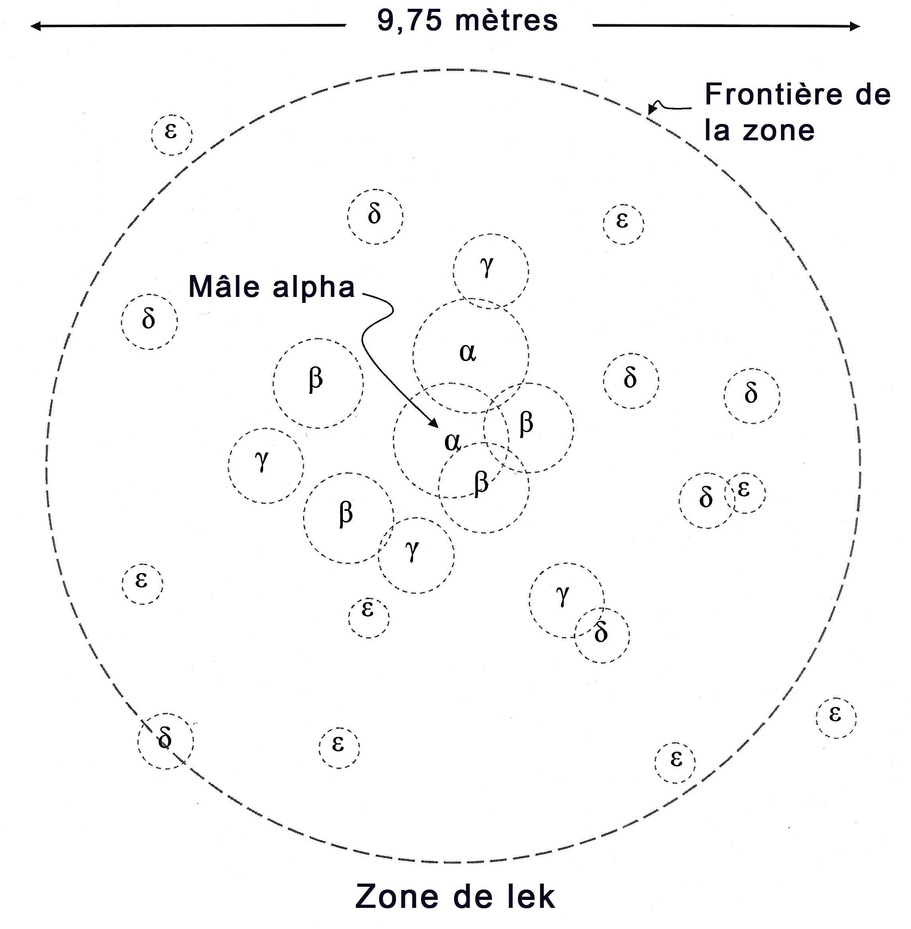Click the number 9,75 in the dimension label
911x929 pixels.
tap(409, 22)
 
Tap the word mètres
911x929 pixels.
tap(507, 22)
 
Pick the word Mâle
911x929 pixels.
tap(224, 287)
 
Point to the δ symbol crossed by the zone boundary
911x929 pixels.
tap(165, 738)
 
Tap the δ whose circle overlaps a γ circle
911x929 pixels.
tap(601, 633)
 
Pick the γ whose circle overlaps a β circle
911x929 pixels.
tap(412, 551)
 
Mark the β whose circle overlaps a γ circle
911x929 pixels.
tap(346, 513)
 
